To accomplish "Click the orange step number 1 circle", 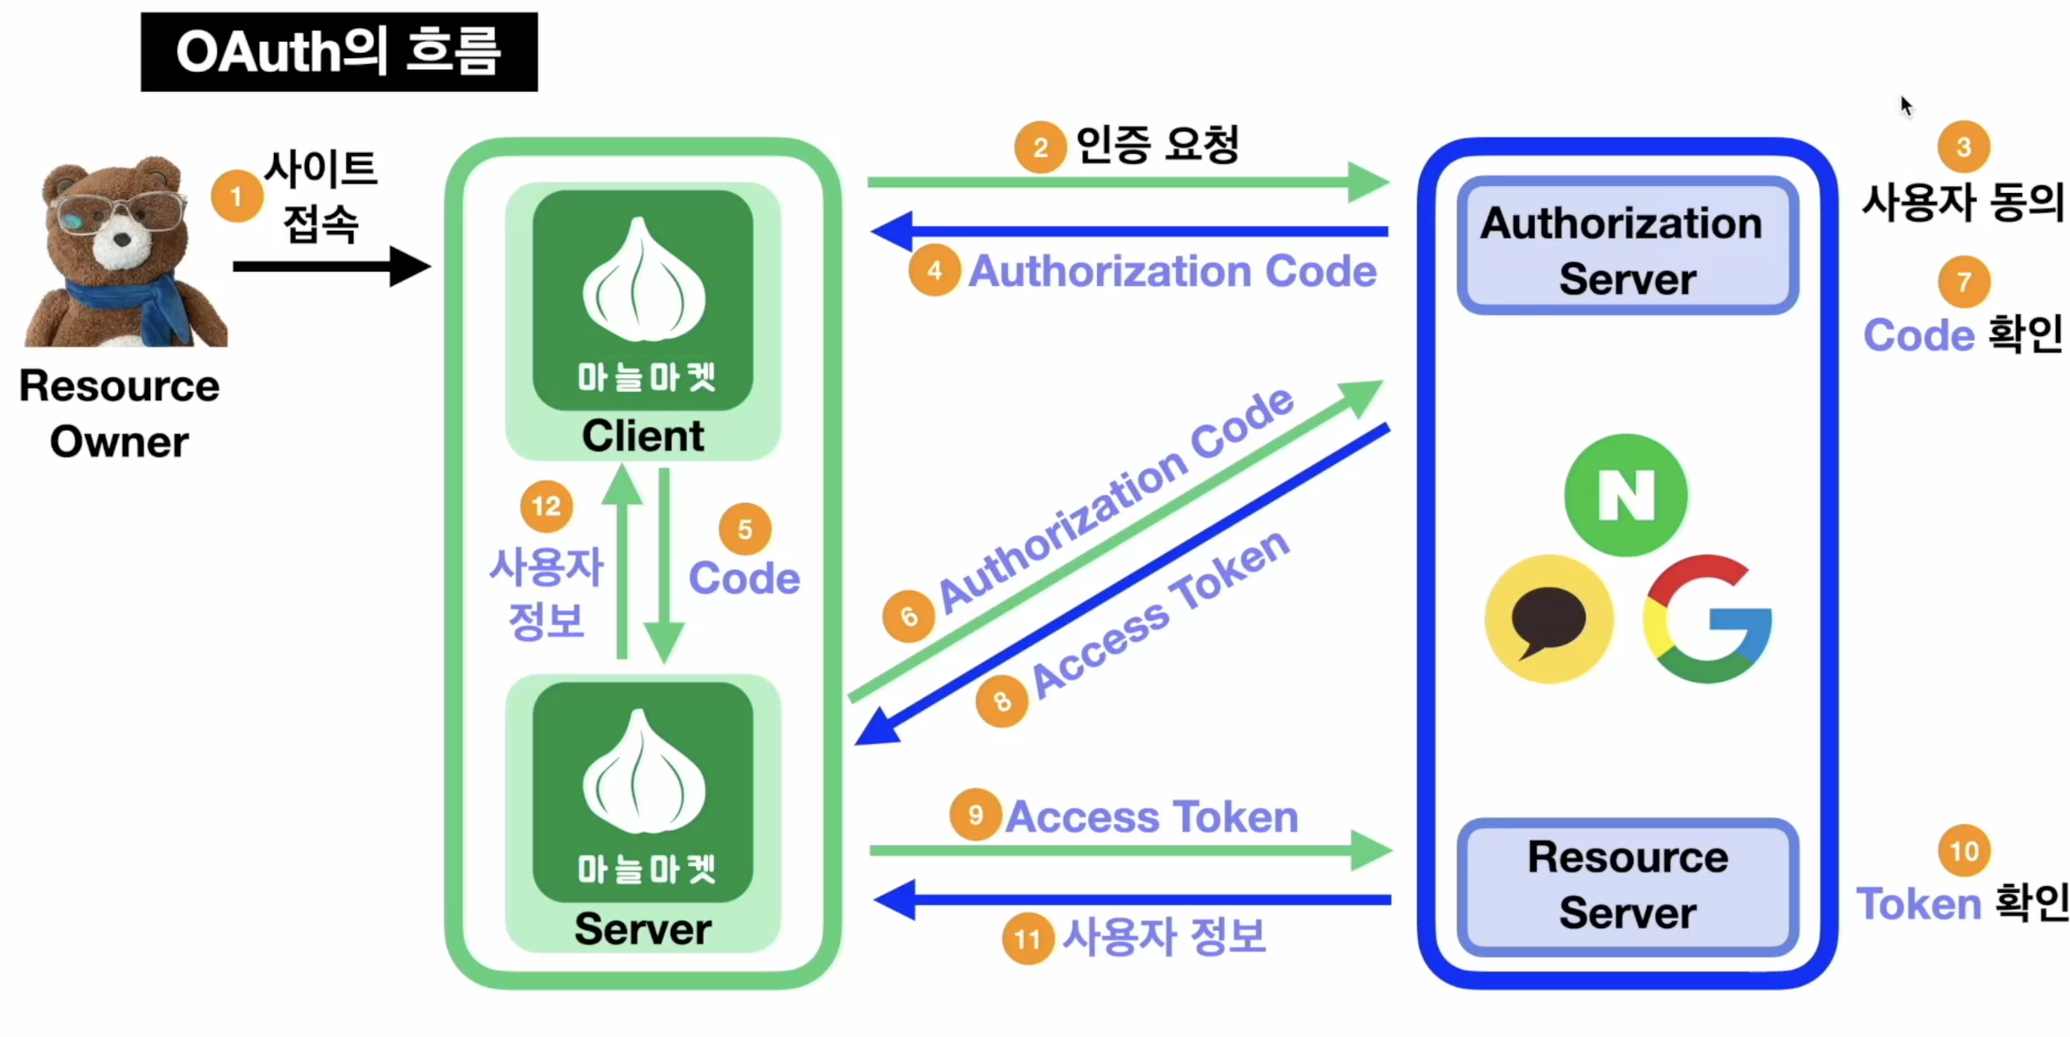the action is (236, 196).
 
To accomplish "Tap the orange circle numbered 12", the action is (546, 506).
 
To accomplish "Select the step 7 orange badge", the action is (1964, 282).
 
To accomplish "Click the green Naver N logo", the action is (1626, 495).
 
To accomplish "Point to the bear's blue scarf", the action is (133, 306).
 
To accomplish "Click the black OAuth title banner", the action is (339, 51).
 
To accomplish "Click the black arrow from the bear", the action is (331, 266).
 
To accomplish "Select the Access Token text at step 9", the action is (1152, 817).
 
